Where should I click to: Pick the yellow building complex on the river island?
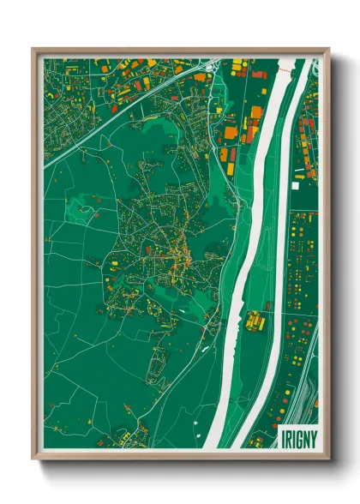[255, 321]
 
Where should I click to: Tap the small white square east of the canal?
[298, 183]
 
